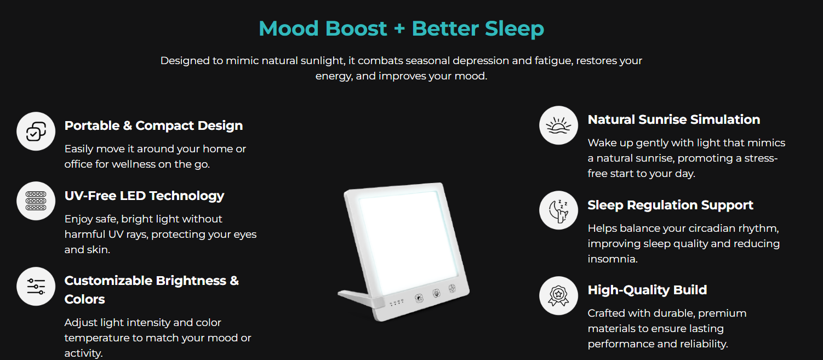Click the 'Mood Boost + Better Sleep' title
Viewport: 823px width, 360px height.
click(401, 28)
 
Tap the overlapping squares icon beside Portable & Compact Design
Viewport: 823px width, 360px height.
click(36, 131)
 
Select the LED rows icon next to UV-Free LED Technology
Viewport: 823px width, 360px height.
click(36, 201)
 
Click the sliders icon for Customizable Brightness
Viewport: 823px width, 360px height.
click(36, 286)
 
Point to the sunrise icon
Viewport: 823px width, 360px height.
click(558, 125)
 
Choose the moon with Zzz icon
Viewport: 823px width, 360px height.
click(558, 210)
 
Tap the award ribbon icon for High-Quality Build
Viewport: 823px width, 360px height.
click(558, 295)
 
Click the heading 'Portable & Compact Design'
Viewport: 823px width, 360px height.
click(153, 125)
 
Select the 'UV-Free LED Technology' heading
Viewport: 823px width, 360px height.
click(145, 196)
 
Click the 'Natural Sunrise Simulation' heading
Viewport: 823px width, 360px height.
click(674, 120)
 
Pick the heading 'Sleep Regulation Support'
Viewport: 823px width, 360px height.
click(671, 205)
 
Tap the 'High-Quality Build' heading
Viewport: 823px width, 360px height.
click(647, 290)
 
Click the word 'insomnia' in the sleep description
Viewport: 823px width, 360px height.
click(611, 259)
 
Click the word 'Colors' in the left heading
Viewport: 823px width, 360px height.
click(84, 299)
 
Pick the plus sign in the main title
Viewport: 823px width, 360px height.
click(399, 28)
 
